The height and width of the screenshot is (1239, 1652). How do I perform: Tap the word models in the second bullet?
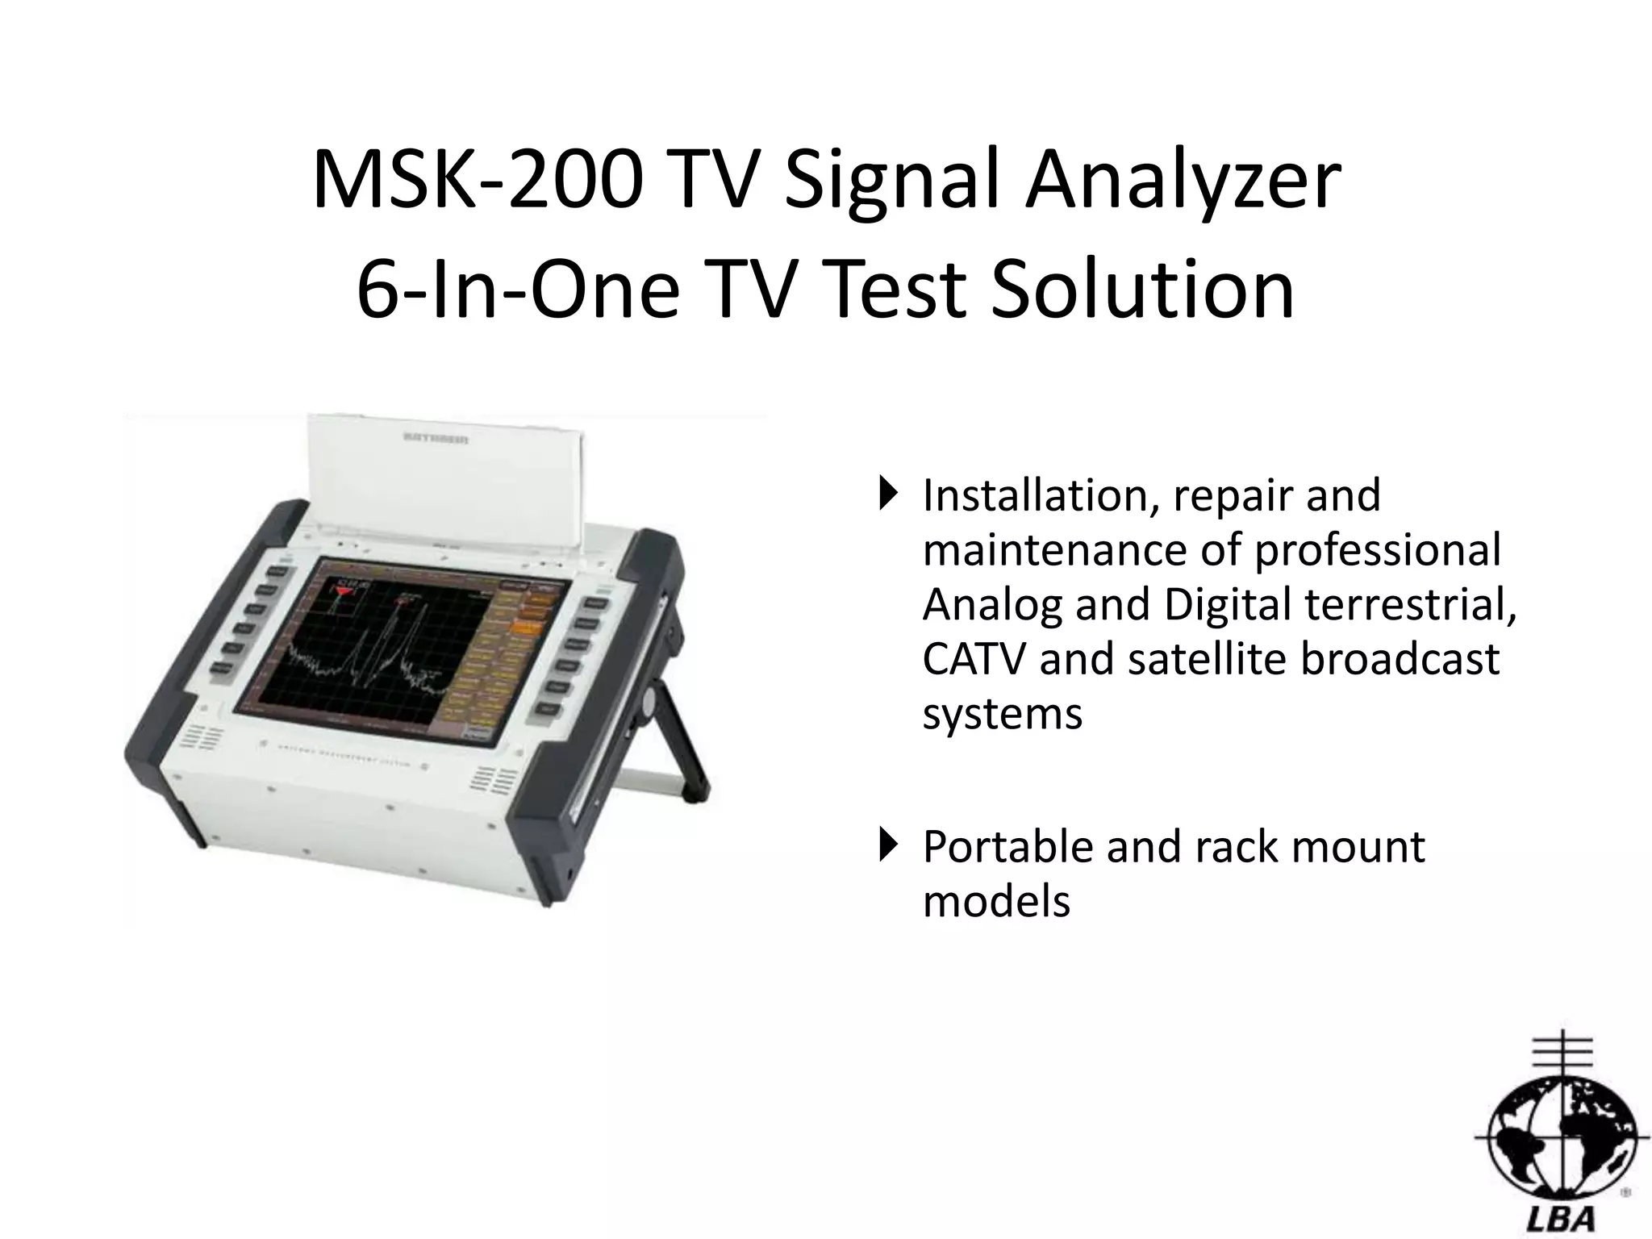[996, 902]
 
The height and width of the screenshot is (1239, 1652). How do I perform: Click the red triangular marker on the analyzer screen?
[344, 591]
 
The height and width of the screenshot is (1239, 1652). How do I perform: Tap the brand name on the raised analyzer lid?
[436, 440]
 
